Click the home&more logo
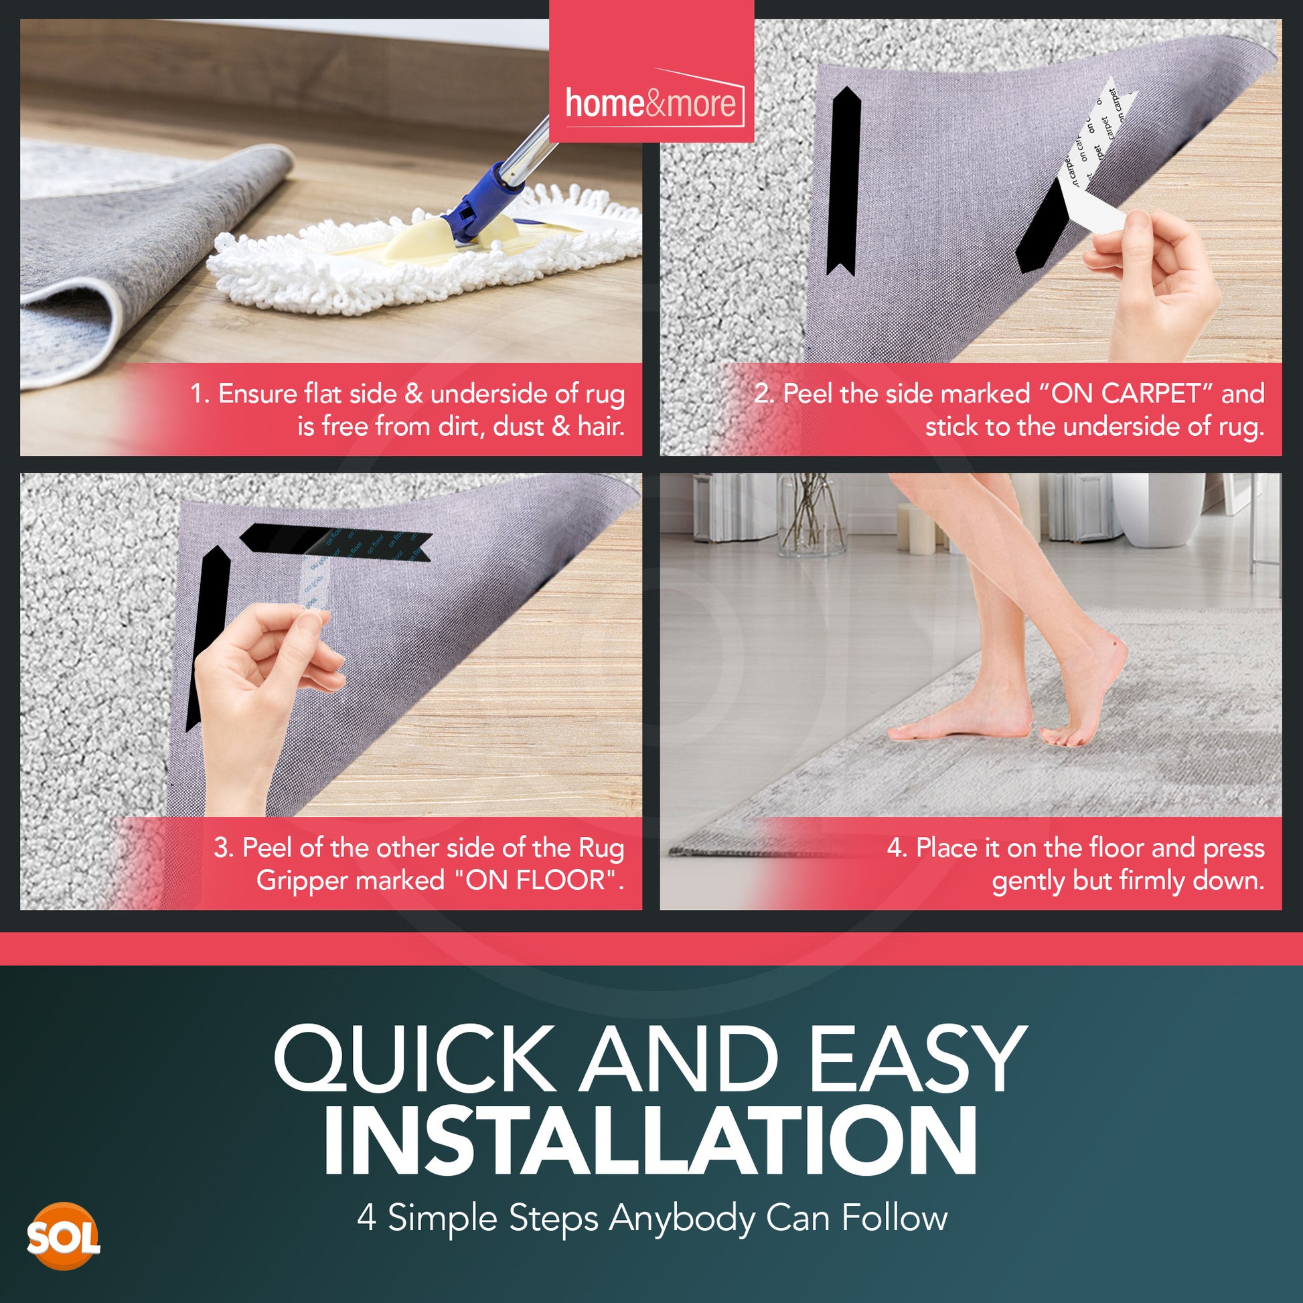coord(651,102)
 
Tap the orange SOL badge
coord(63,1236)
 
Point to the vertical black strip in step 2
coord(842,182)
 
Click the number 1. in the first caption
coord(200,394)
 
